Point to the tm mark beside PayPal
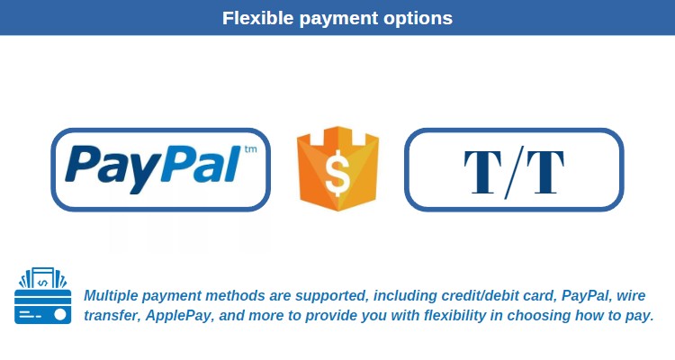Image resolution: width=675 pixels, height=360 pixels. pyautogui.click(x=250, y=149)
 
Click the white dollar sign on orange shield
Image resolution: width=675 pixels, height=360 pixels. pyautogui.click(x=337, y=173)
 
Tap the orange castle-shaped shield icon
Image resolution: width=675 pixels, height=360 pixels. pyautogui.click(x=337, y=168)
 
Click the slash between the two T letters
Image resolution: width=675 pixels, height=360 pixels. pyautogui.click(x=514, y=172)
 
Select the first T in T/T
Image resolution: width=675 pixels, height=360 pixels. pyautogui.click(x=483, y=172)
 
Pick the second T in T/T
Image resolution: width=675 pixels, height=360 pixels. pyautogui.click(x=545, y=172)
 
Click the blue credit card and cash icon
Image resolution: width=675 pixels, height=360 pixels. pyautogui.click(x=42, y=295)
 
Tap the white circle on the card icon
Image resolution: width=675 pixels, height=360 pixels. pyautogui.click(x=59, y=314)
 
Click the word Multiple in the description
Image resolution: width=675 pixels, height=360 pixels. pyautogui.click(x=110, y=296)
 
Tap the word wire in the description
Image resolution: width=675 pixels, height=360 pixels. pyautogui.click(x=631, y=296)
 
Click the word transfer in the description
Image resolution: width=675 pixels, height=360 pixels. pyautogui.click(x=112, y=316)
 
